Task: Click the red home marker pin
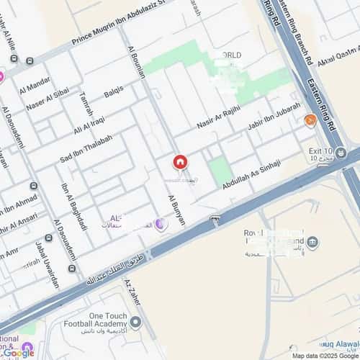(x=179, y=163)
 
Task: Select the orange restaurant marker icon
(x=310, y=120)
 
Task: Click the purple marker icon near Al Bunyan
(x=161, y=225)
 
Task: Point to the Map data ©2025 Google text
(x=323, y=356)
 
